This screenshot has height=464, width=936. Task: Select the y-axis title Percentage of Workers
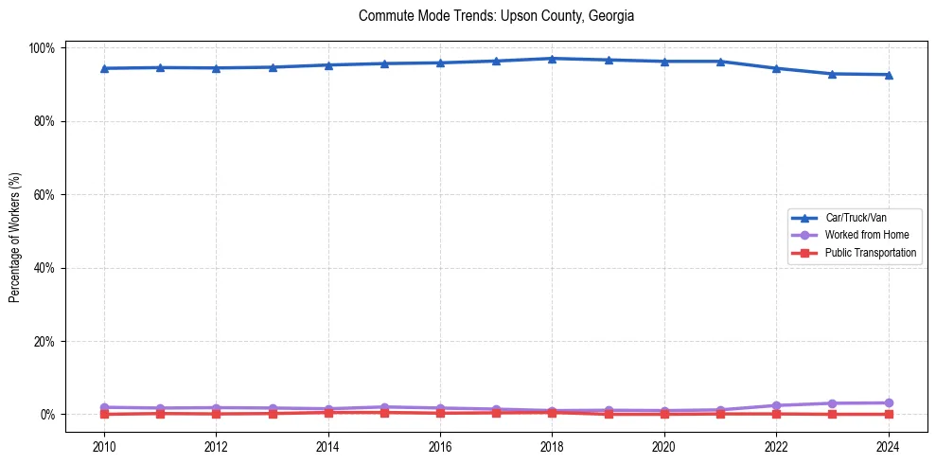15,232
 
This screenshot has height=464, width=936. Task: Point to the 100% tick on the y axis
44,48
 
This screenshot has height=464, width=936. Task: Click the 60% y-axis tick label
45,195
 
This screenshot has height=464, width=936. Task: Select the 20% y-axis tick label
45,342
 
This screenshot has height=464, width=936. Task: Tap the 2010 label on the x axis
104,445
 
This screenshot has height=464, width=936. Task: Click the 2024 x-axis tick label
888,445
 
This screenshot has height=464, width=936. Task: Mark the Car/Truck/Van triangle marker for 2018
552,59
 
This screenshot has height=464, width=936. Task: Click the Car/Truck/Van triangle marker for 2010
104,68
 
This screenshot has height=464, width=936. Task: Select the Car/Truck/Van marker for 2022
776,68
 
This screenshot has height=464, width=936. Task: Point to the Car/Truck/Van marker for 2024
888,75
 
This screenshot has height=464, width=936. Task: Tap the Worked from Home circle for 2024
888,403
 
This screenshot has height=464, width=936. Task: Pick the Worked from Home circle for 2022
776,405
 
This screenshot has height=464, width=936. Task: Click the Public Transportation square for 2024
888,414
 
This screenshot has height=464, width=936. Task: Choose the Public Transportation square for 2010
104,414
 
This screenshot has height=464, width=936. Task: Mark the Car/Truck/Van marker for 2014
327,65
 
